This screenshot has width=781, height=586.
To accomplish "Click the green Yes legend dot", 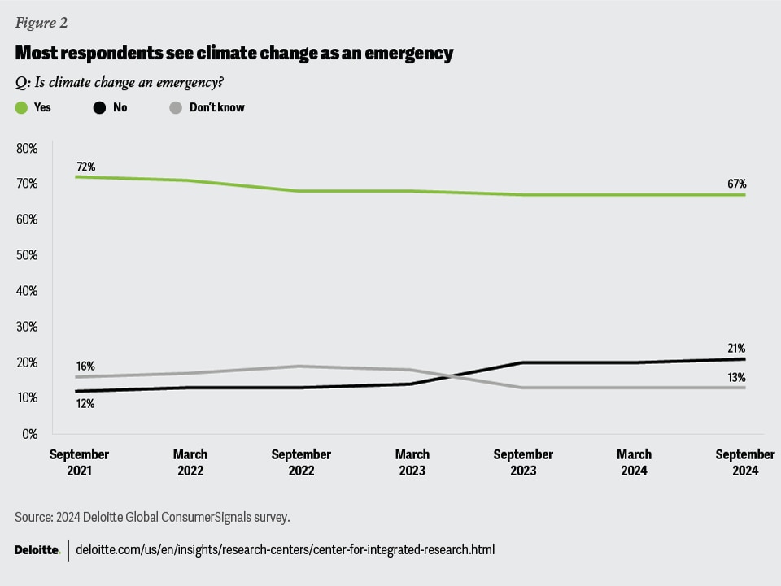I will tap(22, 107).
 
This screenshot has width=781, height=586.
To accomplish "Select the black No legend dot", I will tap(98, 107).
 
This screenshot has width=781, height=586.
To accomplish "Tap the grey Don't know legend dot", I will tap(175, 107).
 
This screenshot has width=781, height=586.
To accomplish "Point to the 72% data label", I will tap(85, 166).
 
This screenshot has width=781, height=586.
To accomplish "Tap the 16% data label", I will tap(85, 367).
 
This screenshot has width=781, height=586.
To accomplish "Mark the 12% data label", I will tap(85, 402).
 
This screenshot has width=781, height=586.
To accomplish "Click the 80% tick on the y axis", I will tap(28, 149).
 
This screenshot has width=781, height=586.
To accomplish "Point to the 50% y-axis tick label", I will tap(28, 255).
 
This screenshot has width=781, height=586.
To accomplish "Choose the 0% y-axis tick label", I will tap(31, 434).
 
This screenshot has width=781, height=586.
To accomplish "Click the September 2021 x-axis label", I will tap(79, 462).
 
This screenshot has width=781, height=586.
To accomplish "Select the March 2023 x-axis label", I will tap(412, 462).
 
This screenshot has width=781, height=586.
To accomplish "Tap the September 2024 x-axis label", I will tap(744, 462).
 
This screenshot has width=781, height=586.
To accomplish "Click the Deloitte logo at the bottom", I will tap(37, 550).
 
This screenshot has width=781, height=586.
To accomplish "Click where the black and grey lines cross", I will tap(443, 375).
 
